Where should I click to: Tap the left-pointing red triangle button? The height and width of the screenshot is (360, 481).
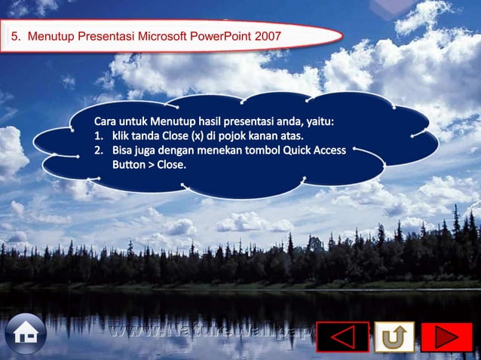(342, 337)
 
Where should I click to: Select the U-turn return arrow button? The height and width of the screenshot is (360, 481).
(394, 337)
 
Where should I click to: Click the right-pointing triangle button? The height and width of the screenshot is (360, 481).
(446, 337)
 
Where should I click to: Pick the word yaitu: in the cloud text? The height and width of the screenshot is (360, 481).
(319, 121)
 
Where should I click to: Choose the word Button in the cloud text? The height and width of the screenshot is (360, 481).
(130, 164)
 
